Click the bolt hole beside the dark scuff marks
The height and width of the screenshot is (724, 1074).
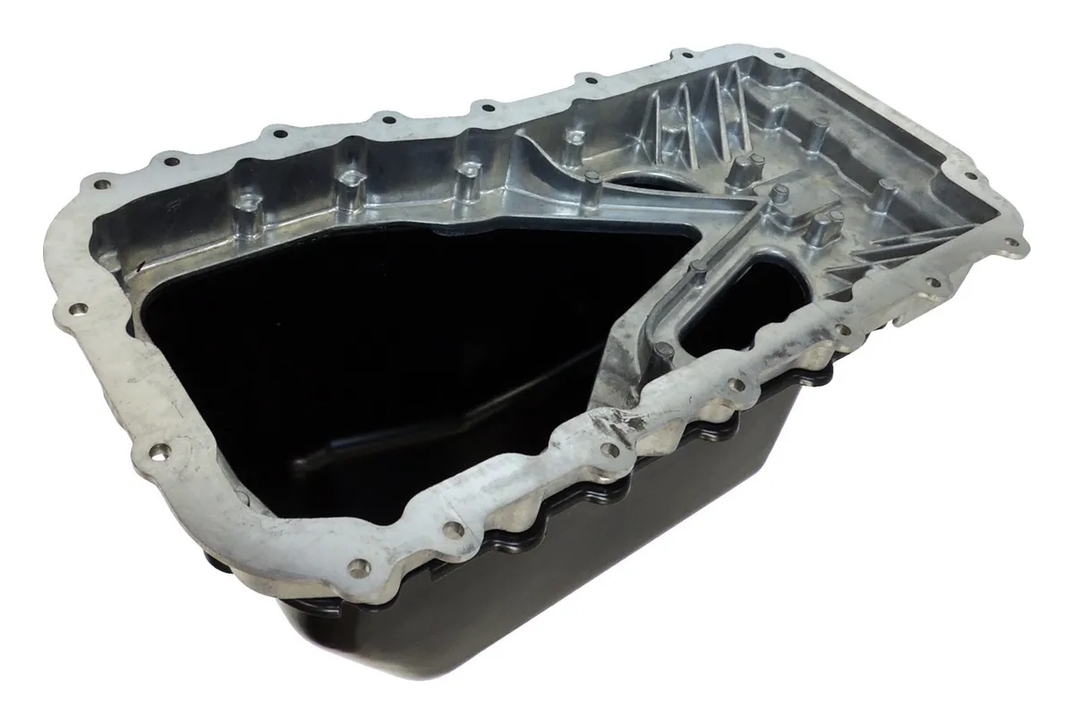[x=611, y=447]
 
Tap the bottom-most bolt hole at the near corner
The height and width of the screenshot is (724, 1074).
[x=360, y=566]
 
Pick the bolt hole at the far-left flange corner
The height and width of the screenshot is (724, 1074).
[x=101, y=184]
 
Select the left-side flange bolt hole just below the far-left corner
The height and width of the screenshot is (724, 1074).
[x=79, y=310]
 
